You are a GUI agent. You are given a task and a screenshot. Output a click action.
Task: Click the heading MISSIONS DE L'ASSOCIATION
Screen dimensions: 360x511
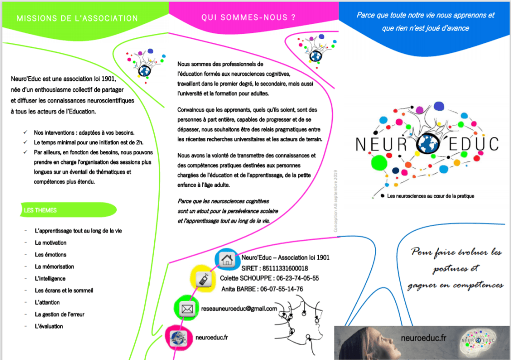tap(77, 18)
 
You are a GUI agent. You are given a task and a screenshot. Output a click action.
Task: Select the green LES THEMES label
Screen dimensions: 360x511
tap(41, 210)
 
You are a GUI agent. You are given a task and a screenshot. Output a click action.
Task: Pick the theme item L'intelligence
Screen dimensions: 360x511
tap(50, 279)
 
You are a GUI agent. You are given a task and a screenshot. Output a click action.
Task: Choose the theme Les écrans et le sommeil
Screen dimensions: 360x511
tap(64, 291)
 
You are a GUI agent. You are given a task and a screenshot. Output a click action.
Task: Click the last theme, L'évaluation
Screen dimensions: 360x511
tap(49, 327)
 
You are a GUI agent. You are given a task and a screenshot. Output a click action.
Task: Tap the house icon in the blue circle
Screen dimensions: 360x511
tap(227, 259)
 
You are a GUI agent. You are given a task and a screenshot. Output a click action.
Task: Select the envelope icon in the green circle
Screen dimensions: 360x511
tap(187, 310)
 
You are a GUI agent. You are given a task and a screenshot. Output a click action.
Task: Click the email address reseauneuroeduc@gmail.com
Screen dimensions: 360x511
tap(238, 309)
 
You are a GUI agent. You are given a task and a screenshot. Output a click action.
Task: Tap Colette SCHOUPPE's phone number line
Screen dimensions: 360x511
tap(269, 278)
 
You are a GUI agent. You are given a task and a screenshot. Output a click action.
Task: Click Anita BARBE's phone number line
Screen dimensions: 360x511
tap(262, 289)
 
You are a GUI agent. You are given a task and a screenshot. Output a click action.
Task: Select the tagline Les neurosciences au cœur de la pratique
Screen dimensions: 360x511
tap(430, 196)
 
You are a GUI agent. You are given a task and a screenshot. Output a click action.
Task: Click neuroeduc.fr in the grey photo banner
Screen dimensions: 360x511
tap(424, 339)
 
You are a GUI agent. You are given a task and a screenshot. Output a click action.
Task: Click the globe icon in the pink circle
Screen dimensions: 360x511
tap(178, 340)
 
